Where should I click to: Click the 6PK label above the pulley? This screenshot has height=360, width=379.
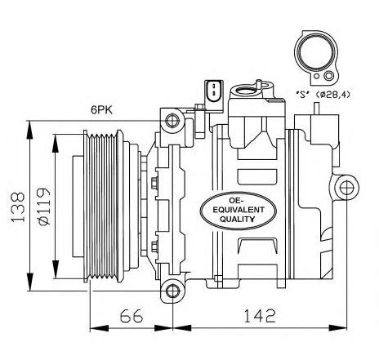[101, 110]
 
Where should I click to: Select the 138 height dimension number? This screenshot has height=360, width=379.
[18, 207]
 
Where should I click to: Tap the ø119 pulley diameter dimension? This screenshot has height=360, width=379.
[44, 207]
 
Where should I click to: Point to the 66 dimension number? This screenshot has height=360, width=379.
[132, 316]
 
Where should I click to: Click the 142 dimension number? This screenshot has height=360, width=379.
[260, 316]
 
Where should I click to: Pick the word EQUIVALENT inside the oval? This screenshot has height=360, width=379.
[239, 210]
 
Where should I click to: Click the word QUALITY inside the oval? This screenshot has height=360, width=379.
[238, 219]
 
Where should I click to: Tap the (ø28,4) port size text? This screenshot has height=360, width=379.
[332, 95]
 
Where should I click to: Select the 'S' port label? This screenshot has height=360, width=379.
[303, 95]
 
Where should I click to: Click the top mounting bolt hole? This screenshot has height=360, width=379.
[172, 121]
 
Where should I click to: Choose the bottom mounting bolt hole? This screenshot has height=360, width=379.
[172, 291]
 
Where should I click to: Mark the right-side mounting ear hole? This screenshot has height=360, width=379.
[346, 188]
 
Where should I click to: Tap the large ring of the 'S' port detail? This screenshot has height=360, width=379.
[317, 52]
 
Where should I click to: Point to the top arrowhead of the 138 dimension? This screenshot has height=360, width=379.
[29, 130]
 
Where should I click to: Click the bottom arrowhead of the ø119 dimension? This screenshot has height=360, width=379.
[56, 269]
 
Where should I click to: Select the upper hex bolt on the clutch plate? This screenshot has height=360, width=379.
[154, 182]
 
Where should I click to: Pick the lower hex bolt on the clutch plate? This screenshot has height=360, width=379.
[154, 246]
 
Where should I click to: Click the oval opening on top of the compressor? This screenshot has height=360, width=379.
[246, 90]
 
